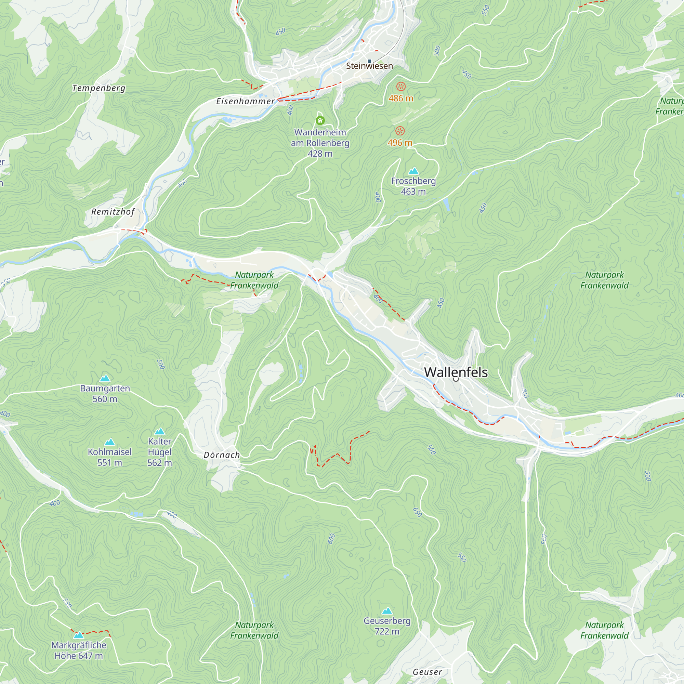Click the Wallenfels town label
tap(456, 372)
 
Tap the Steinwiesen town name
tap(369, 66)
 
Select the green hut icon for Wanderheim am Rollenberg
tap(320, 121)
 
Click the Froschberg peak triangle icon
tap(413, 171)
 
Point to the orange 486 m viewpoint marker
tap(400, 87)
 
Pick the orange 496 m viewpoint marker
tap(400, 131)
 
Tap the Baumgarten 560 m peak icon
tap(105, 379)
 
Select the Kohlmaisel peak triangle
tap(110, 442)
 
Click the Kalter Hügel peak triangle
tap(160, 431)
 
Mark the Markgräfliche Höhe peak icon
tap(79, 635)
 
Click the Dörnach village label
tap(222, 455)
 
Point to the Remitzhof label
tap(113, 212)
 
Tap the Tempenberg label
tap(99, 88)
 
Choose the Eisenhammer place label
tap(245, 101)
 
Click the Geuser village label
tap(427, 672)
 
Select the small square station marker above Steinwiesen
tap(369, 61)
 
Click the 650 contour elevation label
tap(417, 512)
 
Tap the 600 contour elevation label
tap(331, 539)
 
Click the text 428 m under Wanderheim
tap(320, 154)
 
